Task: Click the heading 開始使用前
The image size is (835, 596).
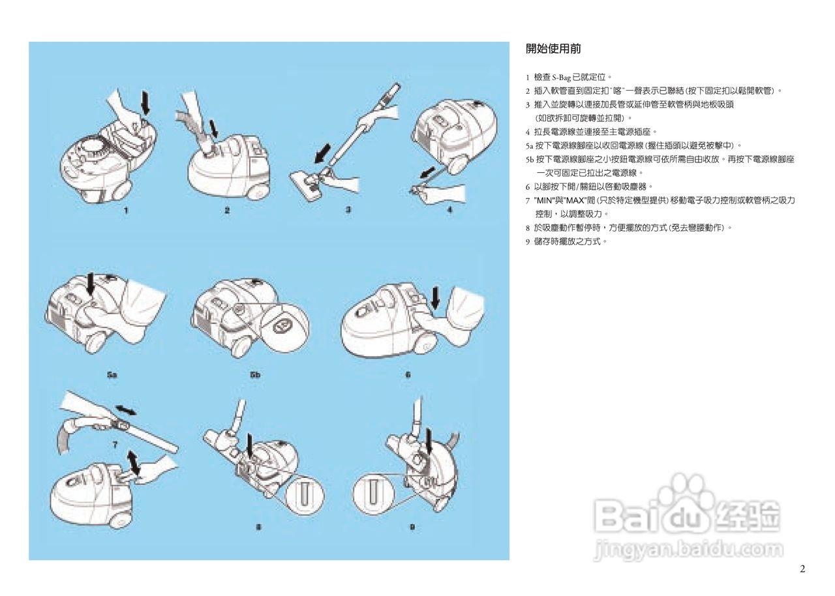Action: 553,49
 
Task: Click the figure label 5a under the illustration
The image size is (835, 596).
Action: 112,376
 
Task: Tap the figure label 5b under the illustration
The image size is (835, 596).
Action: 254,376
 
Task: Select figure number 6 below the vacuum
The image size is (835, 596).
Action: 408,375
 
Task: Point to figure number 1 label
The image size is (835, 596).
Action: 127,211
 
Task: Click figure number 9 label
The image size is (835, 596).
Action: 412,527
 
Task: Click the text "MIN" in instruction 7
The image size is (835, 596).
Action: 545,200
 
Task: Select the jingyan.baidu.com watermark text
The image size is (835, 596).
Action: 688,550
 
